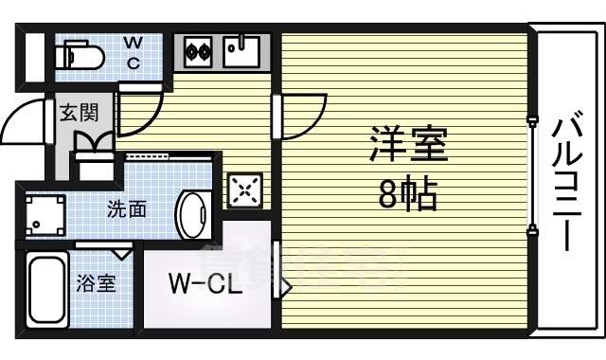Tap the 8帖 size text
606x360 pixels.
(x=407, y=196)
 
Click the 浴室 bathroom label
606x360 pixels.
(x=97, y=282)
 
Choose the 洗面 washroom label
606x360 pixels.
(x=126, y=209)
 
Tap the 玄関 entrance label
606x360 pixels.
(x=79, y=113)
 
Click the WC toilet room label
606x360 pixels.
(x=134, y=52)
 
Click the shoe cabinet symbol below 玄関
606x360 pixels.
(x=95, y=166)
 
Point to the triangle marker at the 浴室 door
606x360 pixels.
(x=122, y=253)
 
